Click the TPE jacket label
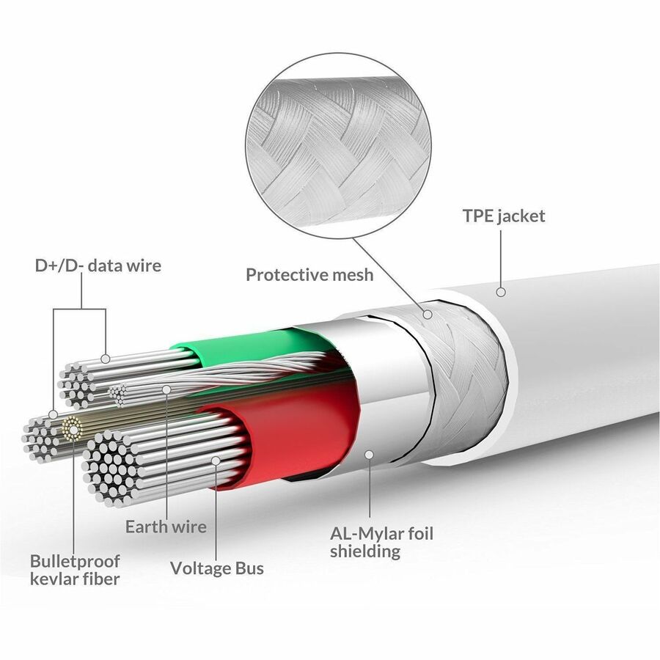click(504, 216)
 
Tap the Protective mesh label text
click(309, 275)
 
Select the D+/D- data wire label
click(98, 265)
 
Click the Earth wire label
click(166, 527)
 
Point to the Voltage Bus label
click(217, 568)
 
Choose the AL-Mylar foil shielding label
click(381, 543)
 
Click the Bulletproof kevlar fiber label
click(75, 570)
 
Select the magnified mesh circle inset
click(338, 146)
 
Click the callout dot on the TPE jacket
click(501, 292)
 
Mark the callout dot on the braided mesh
click(428, 315)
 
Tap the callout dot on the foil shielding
click(370, 455)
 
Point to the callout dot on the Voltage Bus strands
click(216, 461)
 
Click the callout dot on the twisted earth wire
click(166, 390)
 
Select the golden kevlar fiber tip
click(73, 429)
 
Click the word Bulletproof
click(75, 562)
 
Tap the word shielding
click(365, 551)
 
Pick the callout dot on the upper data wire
click(106, 359)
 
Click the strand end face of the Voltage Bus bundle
click(109, 467)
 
